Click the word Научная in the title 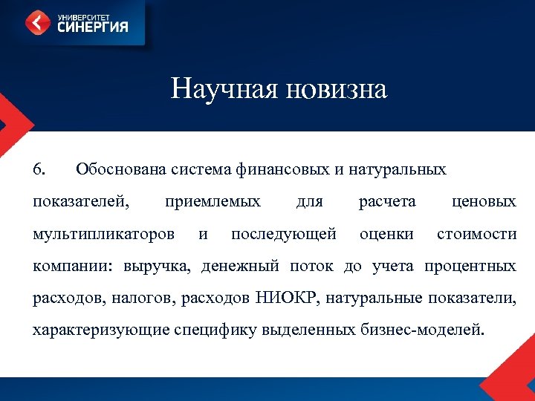tap(216, 90)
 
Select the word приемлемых tap(213, 201)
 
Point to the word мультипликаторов tap(104, 234)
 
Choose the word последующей tap(284, 234)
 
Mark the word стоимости tap(476, 234)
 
